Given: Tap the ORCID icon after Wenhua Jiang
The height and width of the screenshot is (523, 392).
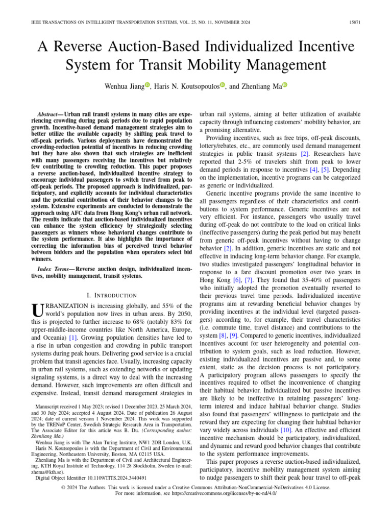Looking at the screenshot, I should point(148,86).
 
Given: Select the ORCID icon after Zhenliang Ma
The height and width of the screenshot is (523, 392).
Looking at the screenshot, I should point(285,86).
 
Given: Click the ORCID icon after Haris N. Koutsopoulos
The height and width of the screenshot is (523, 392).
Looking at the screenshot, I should point(223,86).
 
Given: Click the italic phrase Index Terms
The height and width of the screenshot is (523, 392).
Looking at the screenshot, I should point(56,269).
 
